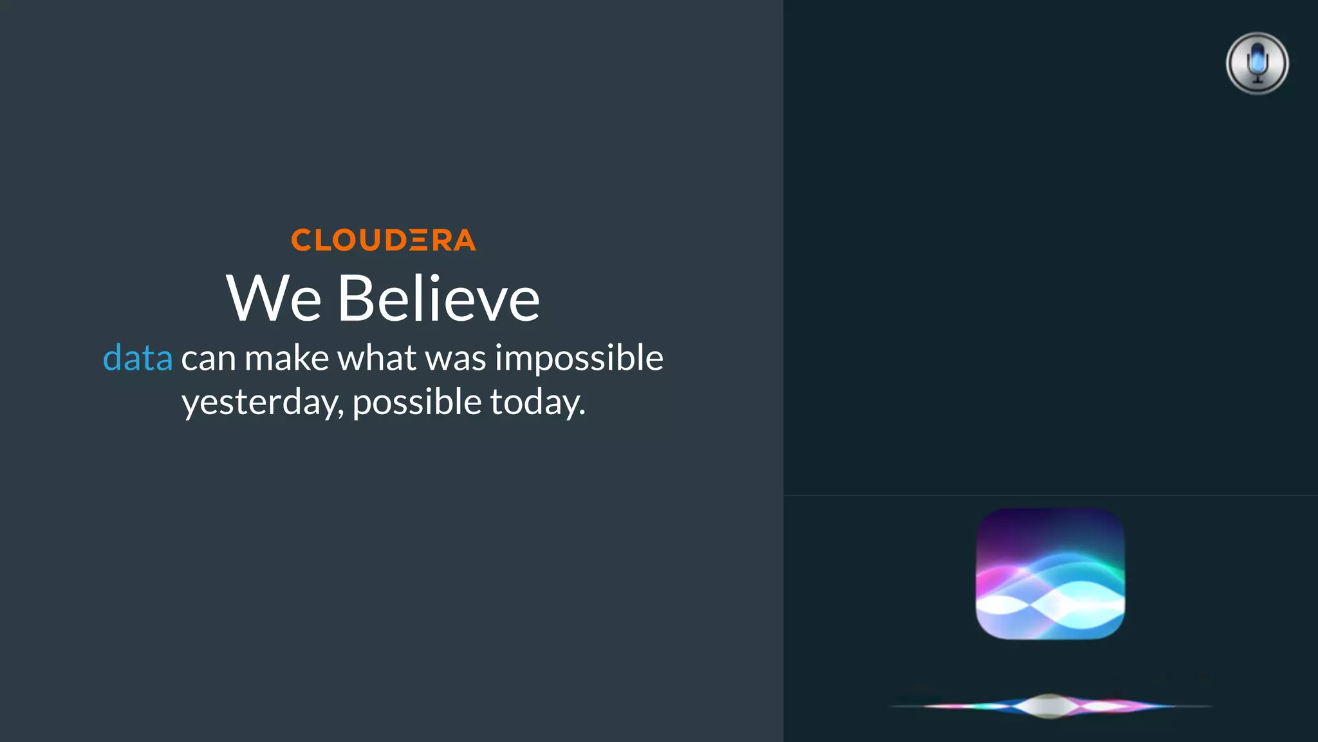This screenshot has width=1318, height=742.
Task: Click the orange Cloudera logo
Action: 384,240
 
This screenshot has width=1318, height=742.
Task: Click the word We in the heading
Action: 274,298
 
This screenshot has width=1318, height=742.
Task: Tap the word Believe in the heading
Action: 438,298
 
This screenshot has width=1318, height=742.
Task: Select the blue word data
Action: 138,358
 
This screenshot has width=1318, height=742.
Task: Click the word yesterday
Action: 263,403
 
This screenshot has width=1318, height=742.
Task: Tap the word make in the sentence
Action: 287,358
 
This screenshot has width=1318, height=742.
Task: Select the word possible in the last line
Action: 417,403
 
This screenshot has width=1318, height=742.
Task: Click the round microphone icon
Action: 1257,63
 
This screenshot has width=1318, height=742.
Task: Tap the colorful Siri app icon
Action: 1050,573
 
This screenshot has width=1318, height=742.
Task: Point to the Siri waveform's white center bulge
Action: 1050,706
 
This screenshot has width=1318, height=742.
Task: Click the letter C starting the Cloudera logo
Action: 301,240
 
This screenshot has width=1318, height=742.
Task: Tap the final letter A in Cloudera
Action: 464,240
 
